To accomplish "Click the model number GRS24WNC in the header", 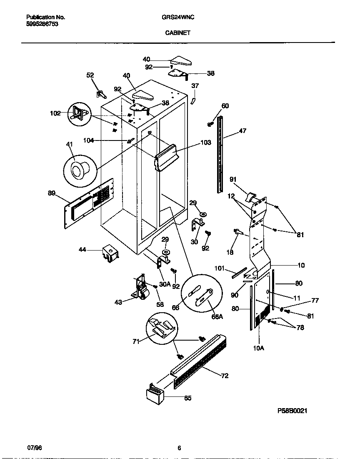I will click(178, 18).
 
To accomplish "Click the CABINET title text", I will click(178, 33).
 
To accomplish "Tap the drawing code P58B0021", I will click(292, 410).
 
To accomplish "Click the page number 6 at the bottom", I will click(179, 448).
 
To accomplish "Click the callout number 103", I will click(206, 143).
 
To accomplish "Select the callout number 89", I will click(52, 193).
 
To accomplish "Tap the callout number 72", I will click(225, 376).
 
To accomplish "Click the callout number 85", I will click(187, 398).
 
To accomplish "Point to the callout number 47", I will click(242, 131).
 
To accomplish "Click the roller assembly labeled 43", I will click(142, 289).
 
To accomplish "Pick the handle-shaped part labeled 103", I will click(167, 156).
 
